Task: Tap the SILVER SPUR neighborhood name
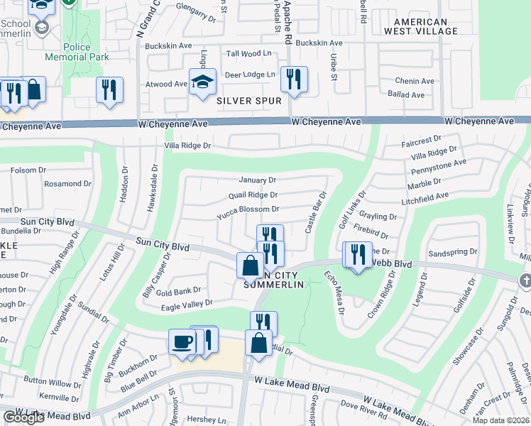(x=249, y=101)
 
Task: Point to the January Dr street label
(x=257, y=180)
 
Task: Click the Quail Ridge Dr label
(x=253, y=195)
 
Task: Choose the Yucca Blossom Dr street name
(x=248, y=209)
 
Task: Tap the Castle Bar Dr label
(x=315, y=212)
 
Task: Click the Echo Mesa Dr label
(x=334, y=292)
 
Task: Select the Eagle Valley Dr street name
(x=187, y=303)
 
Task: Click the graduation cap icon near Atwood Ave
(x=202, y=81)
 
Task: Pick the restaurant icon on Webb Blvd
(x=357, y=254)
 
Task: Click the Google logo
(x=23, y=417)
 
